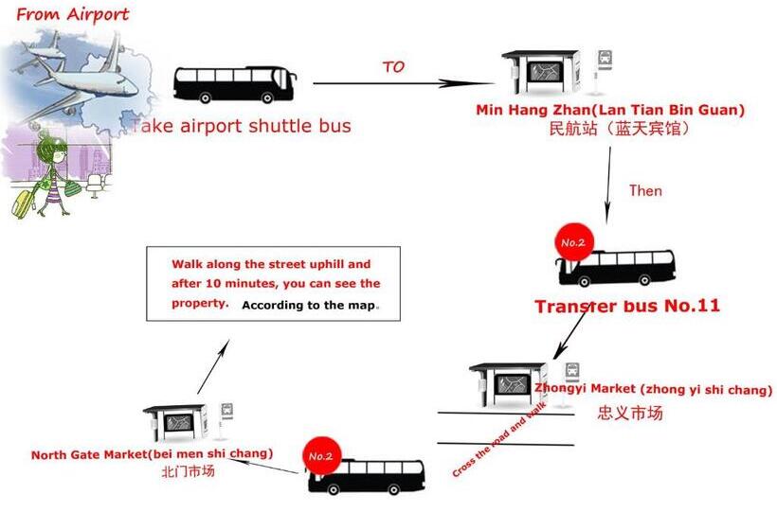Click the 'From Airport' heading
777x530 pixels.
point(73,14)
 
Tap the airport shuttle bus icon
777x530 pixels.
point(235,84)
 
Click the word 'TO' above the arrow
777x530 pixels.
point(393,66)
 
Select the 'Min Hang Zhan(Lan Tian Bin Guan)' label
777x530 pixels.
point(610,110)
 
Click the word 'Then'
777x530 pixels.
point(645,190)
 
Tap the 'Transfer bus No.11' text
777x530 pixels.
point(627,306)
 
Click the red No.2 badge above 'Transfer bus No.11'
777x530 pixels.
point(573,243)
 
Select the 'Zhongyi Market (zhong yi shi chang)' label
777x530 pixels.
point(654,389)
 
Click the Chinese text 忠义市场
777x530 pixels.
point(629,413)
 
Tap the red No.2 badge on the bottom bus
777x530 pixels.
point(319,456)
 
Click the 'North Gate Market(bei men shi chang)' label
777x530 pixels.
point(152,454)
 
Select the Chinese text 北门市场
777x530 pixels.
point(188,471)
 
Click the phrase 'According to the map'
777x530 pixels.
point(309,305)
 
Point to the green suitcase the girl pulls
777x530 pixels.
point(22,203)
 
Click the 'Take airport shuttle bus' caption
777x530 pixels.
point(241,126)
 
